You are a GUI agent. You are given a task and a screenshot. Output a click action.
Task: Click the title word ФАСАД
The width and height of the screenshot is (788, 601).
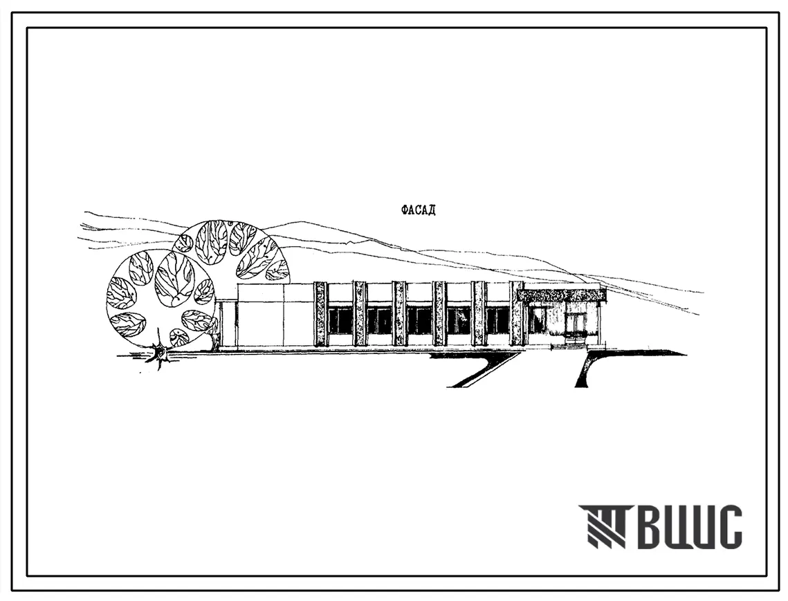coord(418,210)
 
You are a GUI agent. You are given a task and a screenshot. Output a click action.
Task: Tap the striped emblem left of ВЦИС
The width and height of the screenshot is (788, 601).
coord(602,526)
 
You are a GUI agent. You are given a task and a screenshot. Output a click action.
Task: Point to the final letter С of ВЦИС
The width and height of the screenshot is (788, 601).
coord(729,527)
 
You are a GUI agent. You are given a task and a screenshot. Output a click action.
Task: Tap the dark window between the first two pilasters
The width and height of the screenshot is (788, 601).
coord(340,320)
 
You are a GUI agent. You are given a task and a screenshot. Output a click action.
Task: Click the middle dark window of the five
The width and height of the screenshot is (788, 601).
coord(419,320)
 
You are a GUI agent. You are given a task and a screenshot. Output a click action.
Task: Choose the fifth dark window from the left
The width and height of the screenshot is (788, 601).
coord(497,320)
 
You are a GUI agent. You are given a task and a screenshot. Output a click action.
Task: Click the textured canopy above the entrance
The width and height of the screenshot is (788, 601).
coord(562,295)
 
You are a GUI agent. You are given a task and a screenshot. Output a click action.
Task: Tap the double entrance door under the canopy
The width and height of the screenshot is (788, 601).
coord(576,322)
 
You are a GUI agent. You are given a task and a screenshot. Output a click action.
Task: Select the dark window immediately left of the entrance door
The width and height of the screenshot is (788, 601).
coord(536,320)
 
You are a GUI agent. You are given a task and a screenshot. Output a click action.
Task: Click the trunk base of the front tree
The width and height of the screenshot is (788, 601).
coord(161,354)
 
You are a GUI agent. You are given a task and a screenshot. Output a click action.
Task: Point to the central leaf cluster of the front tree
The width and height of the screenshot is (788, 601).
coord(174,278)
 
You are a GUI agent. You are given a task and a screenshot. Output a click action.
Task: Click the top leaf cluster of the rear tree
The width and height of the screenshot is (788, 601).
coord(211,242)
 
